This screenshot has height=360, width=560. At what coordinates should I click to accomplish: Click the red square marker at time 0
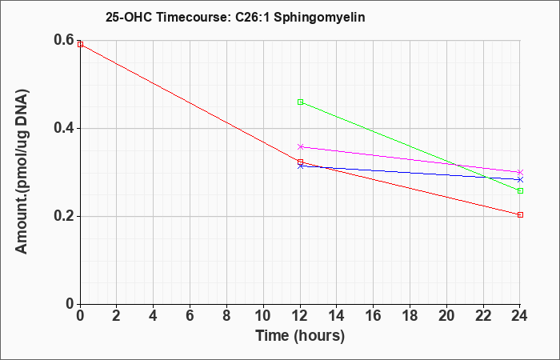click(80, 44)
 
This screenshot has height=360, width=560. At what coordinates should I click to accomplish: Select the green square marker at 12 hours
click(300, 102)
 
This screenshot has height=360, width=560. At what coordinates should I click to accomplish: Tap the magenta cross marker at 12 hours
click(300, 146)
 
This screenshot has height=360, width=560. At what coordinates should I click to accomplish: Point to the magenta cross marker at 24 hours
click(520, 173)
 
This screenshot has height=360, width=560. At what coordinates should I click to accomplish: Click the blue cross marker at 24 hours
click(520, 180)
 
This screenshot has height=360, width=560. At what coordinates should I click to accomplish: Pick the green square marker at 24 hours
click(520, 190)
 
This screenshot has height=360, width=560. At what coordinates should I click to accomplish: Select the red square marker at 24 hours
click(520, 214)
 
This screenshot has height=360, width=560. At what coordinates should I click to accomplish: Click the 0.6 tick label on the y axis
click(63, 40)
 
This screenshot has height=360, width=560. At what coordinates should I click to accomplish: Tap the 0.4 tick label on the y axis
click(63, 128)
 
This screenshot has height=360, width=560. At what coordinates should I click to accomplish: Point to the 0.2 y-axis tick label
click(63, 216)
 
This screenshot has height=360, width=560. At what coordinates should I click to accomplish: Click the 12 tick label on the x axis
click(300, 316)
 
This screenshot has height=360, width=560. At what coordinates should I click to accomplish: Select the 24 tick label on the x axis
click(519, 316)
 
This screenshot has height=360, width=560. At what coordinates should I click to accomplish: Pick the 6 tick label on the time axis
click(190, 316)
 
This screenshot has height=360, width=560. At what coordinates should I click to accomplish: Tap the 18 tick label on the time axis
click(410, 316)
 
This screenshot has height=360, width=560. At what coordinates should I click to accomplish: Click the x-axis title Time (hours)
click(300, 336)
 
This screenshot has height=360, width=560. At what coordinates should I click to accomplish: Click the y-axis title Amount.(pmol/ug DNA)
click(22, 171)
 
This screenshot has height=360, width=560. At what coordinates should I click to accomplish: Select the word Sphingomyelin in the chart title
click(319, 17)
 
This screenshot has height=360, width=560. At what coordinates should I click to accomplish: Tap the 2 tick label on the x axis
click(117, 316)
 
